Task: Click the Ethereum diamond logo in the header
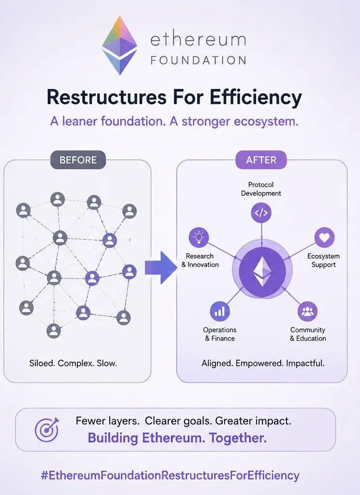pyautogui.click(x=119, y=45)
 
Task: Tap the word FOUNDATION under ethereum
pyautogui.click(x=199, y=60)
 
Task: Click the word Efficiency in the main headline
pyautogui.click(x=256, y=97)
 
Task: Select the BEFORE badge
pyautogui.click(x=78, y=160)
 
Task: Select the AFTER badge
pyautogui.click(x=261, y=160)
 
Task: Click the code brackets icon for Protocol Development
pyautogui.click(x=261, y=213)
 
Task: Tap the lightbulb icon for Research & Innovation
pyautogui.click(x=199, y=237)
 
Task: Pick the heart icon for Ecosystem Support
pyautogui.click(x=324, y=237)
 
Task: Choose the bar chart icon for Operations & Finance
pyautogui.click(x=219, y=311)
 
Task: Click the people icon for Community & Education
pyautogui.click(x=307, y=311)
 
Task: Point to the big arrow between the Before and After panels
pyautogui.click(x=161, y=268)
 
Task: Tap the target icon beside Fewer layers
pyautogui.click(x=47, y=430)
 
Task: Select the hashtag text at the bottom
pyautogui.click(x=170, y=475)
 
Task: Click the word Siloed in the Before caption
pyautogui.click(x=42, y=363)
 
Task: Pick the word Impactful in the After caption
pyautogui.click(x=305, y=363)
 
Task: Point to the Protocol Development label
pyautogui.click(x=261, y=189)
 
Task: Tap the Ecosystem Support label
pyautogui.click(x=323, y=260)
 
